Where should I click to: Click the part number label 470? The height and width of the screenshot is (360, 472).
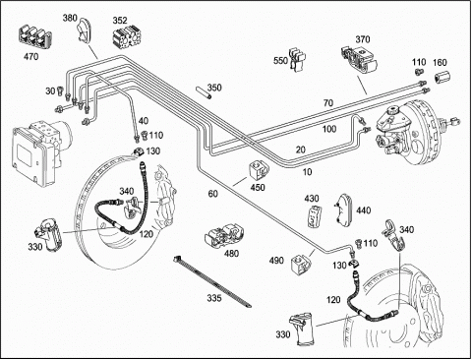[x=30, y=57]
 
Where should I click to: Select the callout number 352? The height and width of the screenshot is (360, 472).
[x=120, y=21]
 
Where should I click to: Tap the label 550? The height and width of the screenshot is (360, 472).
[x=281, y=60]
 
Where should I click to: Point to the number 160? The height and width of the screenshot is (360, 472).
[x=441, y=62]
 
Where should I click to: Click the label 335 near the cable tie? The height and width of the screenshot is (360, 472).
[x=214, y=298]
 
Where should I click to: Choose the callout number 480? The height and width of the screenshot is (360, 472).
[x=231, y=254]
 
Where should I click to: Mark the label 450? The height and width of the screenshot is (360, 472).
[x=258, y=187]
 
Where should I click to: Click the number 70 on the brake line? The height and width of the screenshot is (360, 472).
[x=328, y=103]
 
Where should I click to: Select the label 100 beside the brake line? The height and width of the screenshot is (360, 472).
[x=329, y=129]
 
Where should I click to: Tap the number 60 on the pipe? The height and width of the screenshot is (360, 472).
[x=213, y=194]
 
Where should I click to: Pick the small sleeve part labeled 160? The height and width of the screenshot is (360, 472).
[x=442, y=78]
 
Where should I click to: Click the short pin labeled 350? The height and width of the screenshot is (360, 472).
[x=204, y=92]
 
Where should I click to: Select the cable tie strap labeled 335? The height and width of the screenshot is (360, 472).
[x=212, y=281]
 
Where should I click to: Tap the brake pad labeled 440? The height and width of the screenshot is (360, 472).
[x=343, y=210]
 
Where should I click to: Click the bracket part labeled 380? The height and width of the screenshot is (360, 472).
[x=84, y=30]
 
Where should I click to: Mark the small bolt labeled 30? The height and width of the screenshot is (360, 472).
[x=60, y=90]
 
